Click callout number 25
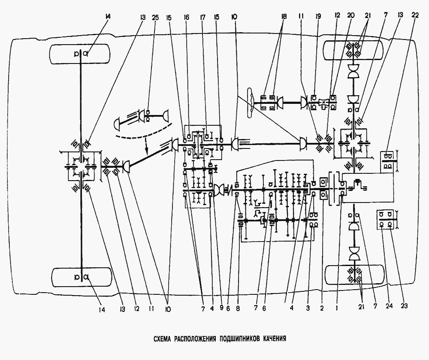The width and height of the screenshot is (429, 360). coord(155,18)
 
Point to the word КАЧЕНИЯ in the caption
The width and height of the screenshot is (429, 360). coord(273,339)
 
